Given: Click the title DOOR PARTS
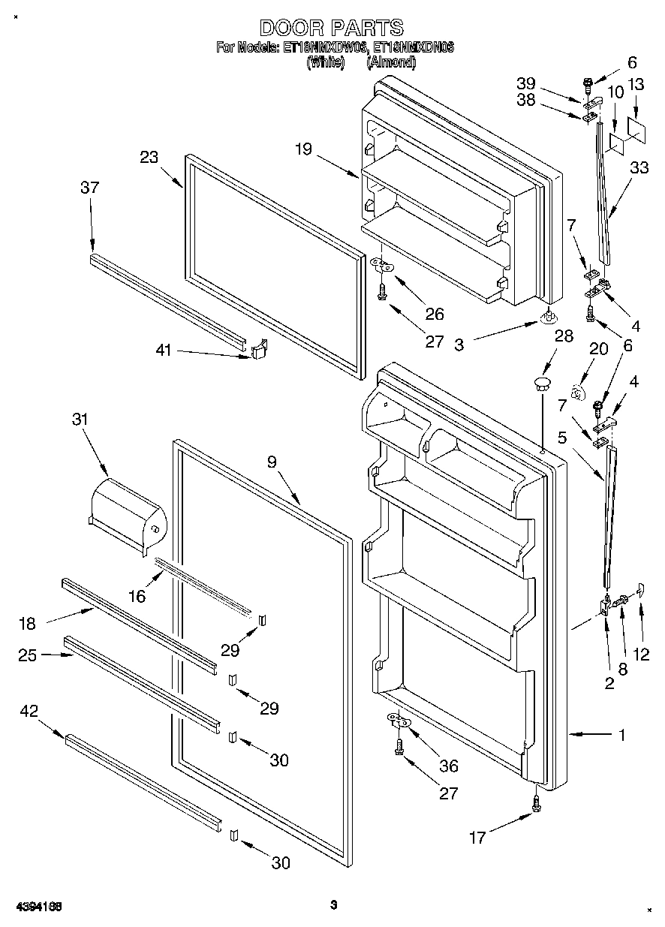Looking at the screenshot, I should tap(331, 29).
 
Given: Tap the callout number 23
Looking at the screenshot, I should tap(149, 158).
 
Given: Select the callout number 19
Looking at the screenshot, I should tap(302, 149).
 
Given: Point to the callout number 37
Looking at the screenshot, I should tap(89, 188).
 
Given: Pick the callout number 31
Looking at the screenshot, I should tap(79, 420).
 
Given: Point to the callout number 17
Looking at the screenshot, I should tap(477, 836).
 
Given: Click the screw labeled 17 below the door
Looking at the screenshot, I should tap(536, 802).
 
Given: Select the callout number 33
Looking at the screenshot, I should tap(639, 169).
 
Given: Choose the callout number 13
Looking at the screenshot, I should tap(636, 86).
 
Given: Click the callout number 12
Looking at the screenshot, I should tap(640, 654).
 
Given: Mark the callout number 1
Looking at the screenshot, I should tap(621, 735).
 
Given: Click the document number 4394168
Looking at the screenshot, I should tap(36, 907).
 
